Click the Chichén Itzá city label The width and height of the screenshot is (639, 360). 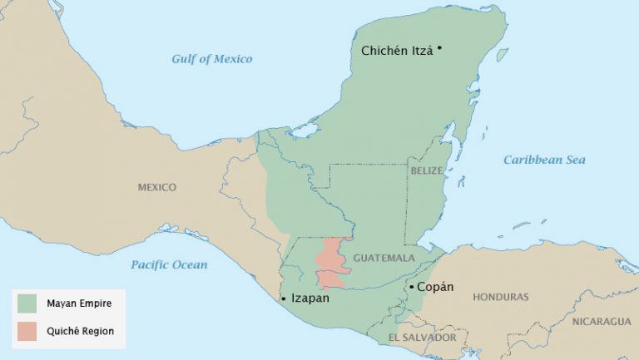coord(398,51)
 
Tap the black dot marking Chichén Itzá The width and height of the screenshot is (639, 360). coord(439,47)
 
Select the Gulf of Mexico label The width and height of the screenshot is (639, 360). coord(211,59)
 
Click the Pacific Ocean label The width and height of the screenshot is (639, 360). coord(169,265)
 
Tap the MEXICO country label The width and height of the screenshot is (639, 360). coord(156,188)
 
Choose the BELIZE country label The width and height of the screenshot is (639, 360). coord(427,170)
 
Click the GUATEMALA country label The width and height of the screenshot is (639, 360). coord(384,259)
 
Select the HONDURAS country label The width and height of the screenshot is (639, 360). coord(500,297)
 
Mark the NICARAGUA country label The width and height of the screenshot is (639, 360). coord(601,321)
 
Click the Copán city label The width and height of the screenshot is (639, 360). coord(435,287)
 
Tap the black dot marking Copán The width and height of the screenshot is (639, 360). coord(410,288)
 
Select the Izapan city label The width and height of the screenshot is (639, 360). coord(310,297)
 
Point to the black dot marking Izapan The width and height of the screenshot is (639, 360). coord(284,298)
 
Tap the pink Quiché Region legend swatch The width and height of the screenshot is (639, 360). coord(27,331)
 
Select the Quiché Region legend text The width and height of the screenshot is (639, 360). coord(81,331)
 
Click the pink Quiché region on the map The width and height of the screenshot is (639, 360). coord(330,262)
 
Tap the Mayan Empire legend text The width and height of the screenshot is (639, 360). coord(80,303)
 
